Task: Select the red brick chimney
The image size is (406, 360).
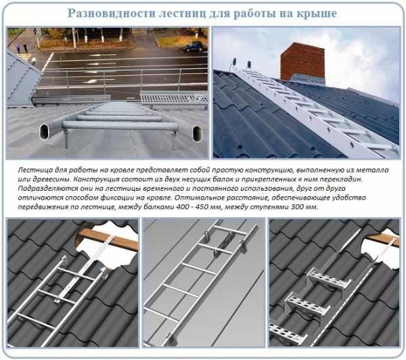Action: point(302,62)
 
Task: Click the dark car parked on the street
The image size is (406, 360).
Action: point(194,47)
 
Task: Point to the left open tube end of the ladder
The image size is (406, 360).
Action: point(44,132)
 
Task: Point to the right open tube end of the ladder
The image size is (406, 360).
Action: point(197,133)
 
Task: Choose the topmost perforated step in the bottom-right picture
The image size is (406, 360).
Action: point(329,281)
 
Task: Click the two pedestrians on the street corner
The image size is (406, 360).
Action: point(21,48)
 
